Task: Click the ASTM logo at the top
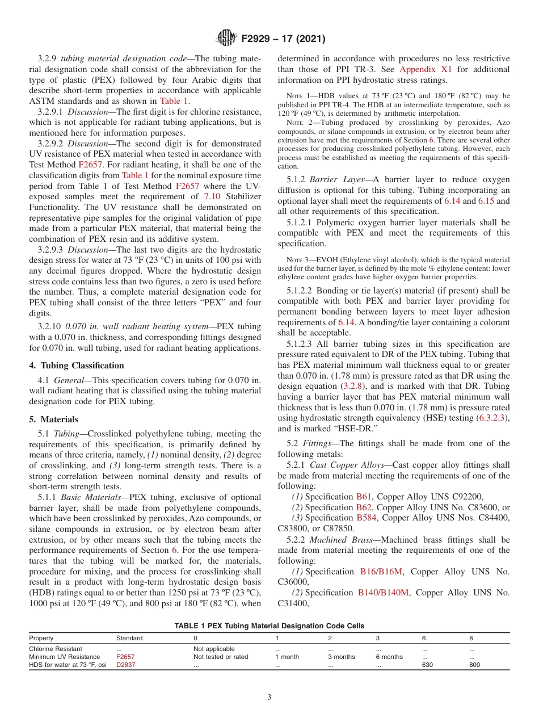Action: (226, 39)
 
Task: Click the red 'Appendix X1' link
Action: (426, 69)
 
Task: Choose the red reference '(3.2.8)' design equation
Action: (352, 386)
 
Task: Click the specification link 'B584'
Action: (367, 518)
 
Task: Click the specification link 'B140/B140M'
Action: (383, 593)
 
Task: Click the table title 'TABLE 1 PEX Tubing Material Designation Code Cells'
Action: (269, 626)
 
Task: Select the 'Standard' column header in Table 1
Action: (129, 638)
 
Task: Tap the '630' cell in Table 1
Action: (427, 665)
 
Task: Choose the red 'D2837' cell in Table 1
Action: (125, 665)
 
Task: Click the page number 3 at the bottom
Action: (269, 698)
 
